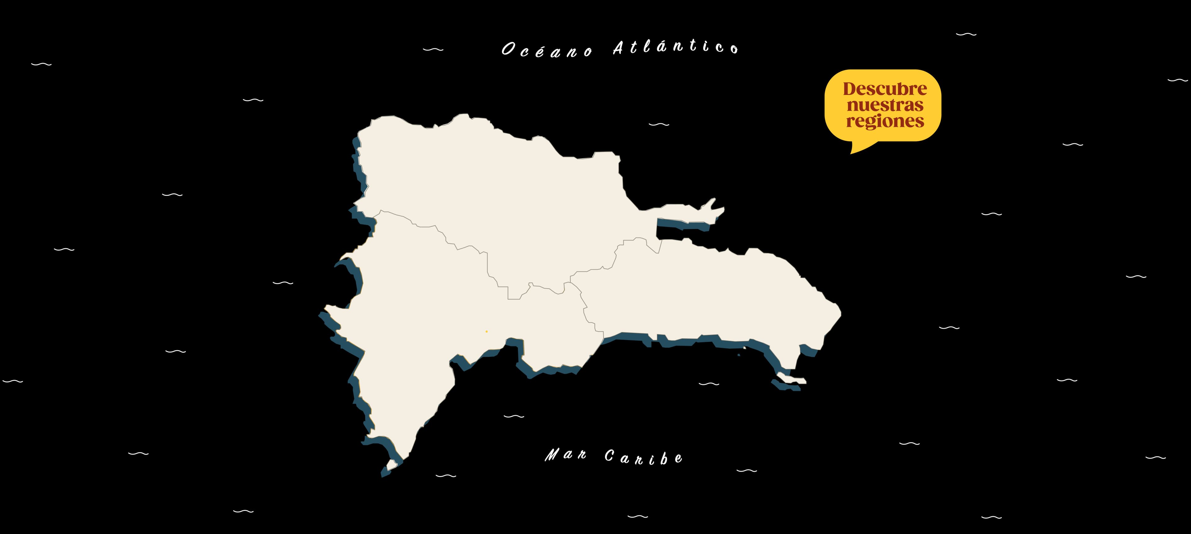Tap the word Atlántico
[x=676, y=47]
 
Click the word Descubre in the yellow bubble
[x=885, y=88]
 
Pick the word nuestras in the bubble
[x=885, y=105]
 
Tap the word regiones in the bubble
[x=885, y=121]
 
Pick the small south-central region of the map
[x=555, y=324]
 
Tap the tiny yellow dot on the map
[x=486, y=331]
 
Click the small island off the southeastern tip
[x=792, y=379]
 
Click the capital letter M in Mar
[x=551, y=455]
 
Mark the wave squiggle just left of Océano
[x=433, y=49]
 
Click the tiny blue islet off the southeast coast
[x=738, y=355]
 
